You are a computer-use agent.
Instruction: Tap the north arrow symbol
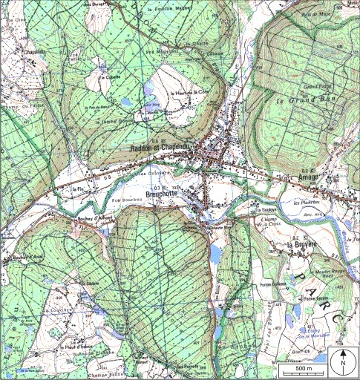tap(344, 361)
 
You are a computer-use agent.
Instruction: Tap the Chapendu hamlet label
tap(33, 52)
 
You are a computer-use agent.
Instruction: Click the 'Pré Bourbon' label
tap(125, 200)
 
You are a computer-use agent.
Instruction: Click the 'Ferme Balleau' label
tap(272, 283)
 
